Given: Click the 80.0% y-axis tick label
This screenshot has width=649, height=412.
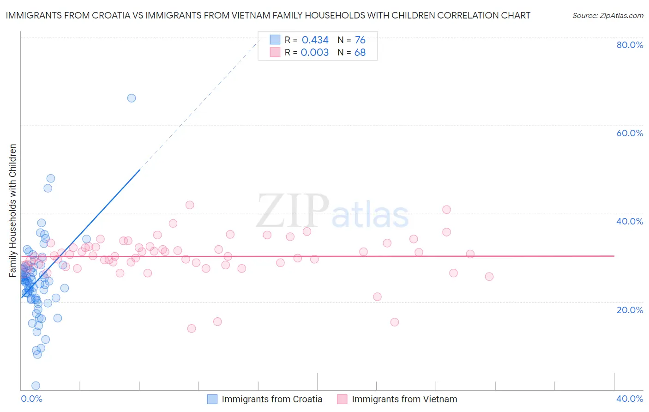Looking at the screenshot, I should coord(630,45).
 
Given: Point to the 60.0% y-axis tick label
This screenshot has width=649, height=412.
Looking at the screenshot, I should coord(630,133).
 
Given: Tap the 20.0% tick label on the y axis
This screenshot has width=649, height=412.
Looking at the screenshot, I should coord(630,310).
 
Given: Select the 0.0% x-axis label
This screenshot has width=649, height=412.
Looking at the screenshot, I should coord(31,399).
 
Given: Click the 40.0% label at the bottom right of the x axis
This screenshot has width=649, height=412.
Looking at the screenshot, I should coord(630,399).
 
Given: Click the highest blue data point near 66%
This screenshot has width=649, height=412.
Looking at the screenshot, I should coord(132,98).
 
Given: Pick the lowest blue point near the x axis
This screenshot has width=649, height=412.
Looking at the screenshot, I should coord(36,386).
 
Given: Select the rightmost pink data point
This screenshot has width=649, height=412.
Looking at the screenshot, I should coord(489,277).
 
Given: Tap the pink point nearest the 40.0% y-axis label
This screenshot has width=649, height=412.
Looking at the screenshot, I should coord(446,210).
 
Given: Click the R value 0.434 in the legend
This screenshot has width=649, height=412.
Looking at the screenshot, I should coord(315,40).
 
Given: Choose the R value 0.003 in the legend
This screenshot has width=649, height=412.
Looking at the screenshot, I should coord(314,53).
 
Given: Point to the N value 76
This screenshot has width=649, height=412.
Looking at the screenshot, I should coord(360,40).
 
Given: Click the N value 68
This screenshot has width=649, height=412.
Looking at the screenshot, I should coord(360,53).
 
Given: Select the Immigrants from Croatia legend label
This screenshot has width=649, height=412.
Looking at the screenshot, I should coord(272,399).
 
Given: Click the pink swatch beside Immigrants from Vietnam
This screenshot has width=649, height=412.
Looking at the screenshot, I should coord(342,399).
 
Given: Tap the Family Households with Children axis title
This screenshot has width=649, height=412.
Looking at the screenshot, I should coord(13,211).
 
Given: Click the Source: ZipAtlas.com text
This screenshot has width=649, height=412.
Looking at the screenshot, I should coord(608,16).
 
